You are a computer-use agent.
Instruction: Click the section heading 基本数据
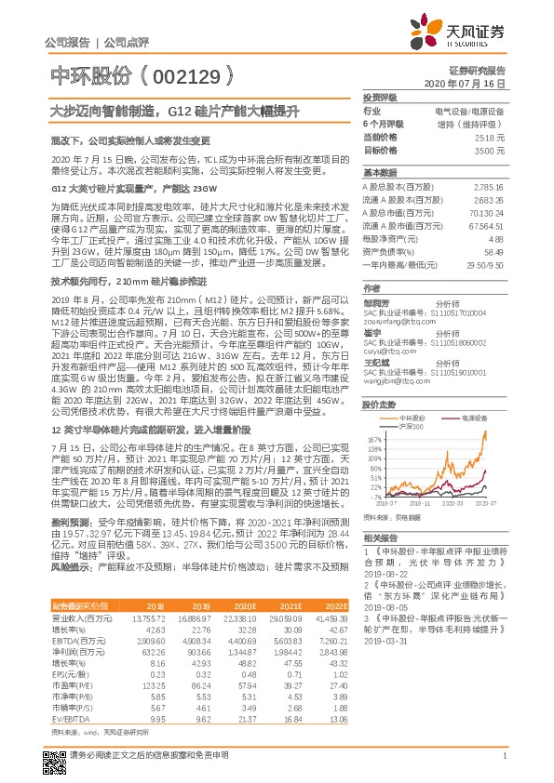click(x=379, y=173)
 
